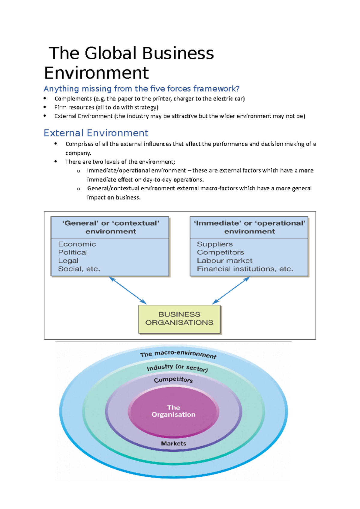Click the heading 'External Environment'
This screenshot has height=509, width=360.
click(96, 133)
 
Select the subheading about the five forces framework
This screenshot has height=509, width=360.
click(141, 89)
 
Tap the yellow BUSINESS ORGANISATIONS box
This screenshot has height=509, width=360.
click(179, 319)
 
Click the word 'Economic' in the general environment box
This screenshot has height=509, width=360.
click(77, 244)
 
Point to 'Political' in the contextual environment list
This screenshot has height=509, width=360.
click(73, 252)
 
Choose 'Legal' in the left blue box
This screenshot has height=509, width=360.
click(68, 261)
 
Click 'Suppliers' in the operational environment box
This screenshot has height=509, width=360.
click(215, 244)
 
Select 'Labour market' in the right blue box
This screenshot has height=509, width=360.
click(225, 261)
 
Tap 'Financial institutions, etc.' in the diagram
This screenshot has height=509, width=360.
click(245, 269)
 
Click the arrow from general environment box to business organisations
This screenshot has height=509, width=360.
click(128, 290)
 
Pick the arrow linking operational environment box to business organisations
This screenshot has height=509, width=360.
click(231, 290)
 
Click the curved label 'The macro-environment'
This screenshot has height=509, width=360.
click(178, 354)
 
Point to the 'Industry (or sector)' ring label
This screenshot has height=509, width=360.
click(177, 368)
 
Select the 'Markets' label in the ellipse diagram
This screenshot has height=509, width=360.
click(174, 443)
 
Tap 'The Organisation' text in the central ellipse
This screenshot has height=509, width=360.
click(174, 411)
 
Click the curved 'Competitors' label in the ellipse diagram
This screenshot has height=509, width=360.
click(173, 380)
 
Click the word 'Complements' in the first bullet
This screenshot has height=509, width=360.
click(73, 99)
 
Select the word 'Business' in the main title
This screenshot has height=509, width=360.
click(178, 53)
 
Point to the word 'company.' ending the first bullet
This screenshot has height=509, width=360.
click(78, 153)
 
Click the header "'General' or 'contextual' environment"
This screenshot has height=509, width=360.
click(110, 227)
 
